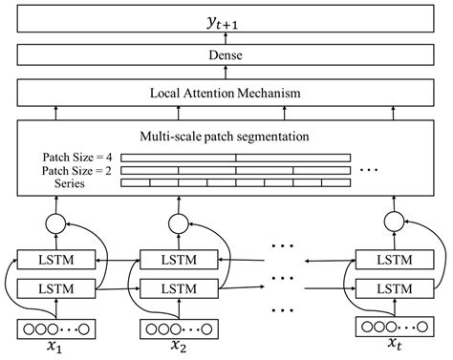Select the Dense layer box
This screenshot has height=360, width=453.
226,56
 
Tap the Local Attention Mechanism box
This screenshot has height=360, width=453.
226,94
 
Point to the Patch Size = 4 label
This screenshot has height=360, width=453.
75,157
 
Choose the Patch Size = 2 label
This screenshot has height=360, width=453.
75,169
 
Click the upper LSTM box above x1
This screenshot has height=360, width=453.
56,259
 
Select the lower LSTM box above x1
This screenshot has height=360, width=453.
56,286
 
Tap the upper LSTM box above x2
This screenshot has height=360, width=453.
179,259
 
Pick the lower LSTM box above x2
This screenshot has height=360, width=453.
179,286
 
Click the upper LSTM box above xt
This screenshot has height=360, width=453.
393,259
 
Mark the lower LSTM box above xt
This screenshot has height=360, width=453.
393,286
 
